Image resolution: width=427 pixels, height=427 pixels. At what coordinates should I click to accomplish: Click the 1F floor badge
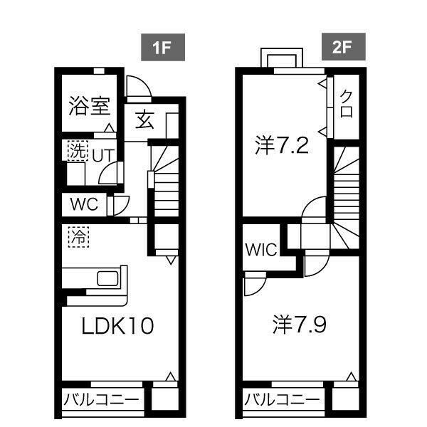coord(163,48)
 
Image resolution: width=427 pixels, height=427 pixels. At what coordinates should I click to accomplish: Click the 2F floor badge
coord(344,47)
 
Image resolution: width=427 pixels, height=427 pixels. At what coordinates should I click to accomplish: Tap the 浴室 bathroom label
coord(90,106)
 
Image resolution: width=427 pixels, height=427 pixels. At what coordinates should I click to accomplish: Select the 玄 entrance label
coord(145,120)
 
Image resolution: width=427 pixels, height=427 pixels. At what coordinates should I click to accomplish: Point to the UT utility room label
coord(103,156)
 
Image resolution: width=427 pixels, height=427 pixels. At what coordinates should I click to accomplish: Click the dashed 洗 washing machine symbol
coord(78,151)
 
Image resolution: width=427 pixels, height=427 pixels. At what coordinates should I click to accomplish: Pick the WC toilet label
coord(84,204)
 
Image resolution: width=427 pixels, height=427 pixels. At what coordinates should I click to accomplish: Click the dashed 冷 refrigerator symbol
coord(78,237)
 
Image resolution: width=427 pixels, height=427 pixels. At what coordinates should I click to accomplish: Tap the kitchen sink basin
coord(108,278)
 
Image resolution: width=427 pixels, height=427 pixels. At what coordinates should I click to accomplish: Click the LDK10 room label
coord(117,325)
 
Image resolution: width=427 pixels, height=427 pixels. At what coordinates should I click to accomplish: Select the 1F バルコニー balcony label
coord(101,400)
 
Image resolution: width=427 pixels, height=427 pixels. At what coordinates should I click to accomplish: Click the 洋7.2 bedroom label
coord(282,145)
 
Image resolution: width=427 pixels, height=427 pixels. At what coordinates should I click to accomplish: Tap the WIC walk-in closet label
coord(261,249)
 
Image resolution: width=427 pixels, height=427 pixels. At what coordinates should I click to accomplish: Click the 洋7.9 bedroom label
coord(300,325)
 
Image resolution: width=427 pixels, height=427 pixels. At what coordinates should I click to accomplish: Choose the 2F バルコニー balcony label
coord(282,399)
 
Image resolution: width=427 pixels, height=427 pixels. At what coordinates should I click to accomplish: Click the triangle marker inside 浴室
coord(110,127)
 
